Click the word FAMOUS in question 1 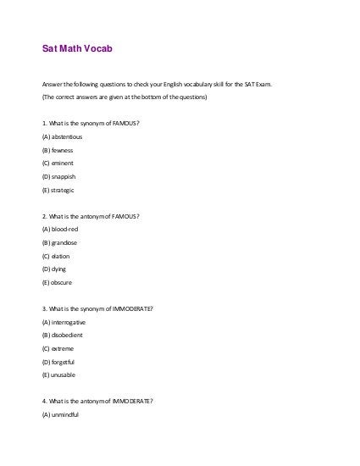tap(125, 123)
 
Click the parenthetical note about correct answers tap(124, 97)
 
